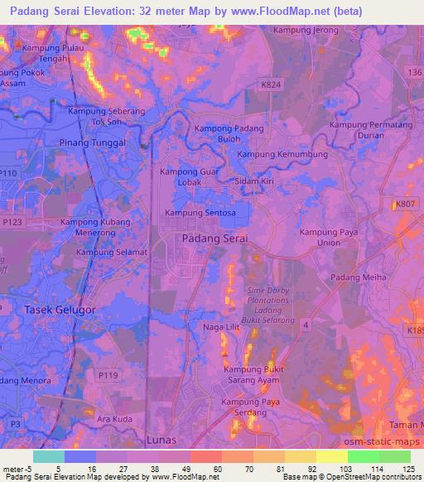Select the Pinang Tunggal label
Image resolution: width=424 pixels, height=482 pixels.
92,142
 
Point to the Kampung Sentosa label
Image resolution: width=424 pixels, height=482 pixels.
200,213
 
